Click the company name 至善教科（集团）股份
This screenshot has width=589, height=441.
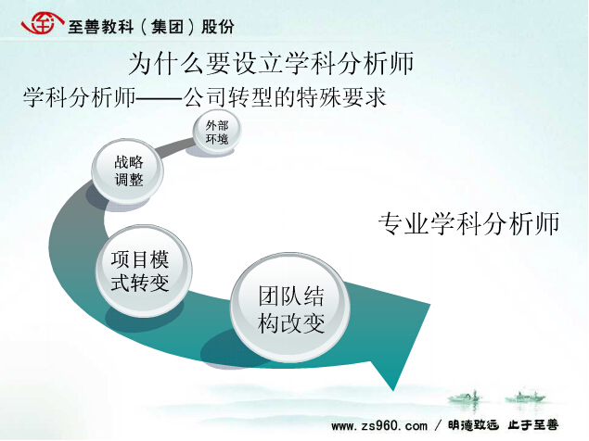[x=151, y=27]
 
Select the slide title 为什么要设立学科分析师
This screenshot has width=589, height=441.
[x=271, y=63]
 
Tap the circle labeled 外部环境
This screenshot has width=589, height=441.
[x=217, y=132]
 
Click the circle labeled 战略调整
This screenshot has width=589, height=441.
[x=128, y=171]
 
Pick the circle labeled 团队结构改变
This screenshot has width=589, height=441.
[x=290, y=308]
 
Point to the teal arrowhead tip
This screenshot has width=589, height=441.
[x=393, y=390]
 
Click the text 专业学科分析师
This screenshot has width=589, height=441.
[x=468, y=223]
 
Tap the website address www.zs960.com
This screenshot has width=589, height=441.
[x=379, y=426]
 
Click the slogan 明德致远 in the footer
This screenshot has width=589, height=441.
[x=473, y=425]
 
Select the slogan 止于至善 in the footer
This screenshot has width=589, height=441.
[x=533, y=425]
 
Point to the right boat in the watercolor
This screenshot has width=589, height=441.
[x=525, y=397]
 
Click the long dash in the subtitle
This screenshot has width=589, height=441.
[x=160, y=99]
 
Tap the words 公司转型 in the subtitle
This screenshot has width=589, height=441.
[x=228, y=97]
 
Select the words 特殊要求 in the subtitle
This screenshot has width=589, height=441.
[x=341, y=97]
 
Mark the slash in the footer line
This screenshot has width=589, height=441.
[x=438, y=425]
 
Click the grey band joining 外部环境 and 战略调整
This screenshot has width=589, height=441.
[x=176, y=147]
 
